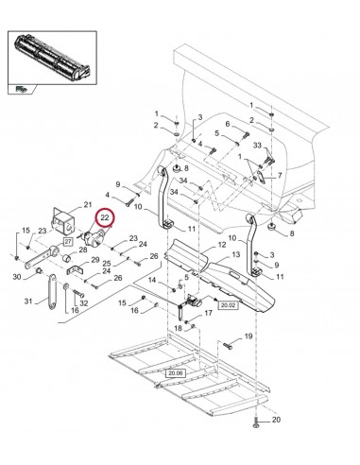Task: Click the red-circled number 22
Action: [105, 216]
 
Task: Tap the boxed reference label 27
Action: [68, 243]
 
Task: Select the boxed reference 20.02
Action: [228, 305]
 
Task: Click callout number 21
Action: [87, 205]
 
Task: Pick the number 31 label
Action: [29, 301]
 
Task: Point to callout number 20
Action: [276, 421]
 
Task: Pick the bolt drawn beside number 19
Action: [227, 343]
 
